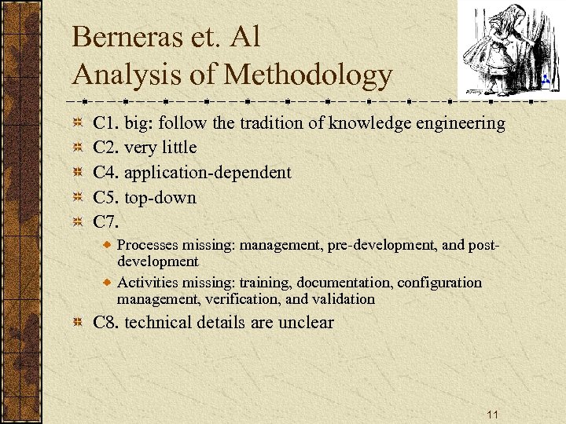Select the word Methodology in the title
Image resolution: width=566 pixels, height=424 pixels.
click(308, 75)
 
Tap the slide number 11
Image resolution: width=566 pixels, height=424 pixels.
click(494, 414)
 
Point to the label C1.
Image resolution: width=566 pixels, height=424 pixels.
click(106, 123)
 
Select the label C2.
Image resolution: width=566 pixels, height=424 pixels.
click(106, 148)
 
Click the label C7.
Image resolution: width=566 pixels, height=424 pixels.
click(106, 221)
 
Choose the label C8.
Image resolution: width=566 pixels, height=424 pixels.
click(106, 323)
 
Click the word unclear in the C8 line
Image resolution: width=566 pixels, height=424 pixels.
click(305, 323)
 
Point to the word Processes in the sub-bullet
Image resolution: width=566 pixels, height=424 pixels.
click(146, 246)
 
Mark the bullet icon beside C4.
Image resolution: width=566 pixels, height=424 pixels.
click(78, 173)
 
